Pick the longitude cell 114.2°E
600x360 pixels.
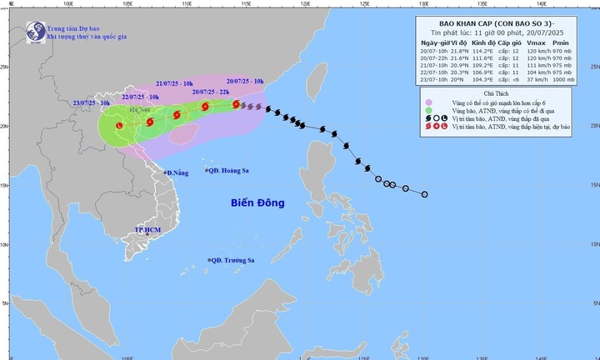(478, 51)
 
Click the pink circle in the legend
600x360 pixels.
(427, 104)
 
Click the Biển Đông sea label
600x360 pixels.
(257, 202)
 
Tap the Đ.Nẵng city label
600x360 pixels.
(177, 172)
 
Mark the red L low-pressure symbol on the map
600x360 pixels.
(119, 125)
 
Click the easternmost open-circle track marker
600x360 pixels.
(425, 195)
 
